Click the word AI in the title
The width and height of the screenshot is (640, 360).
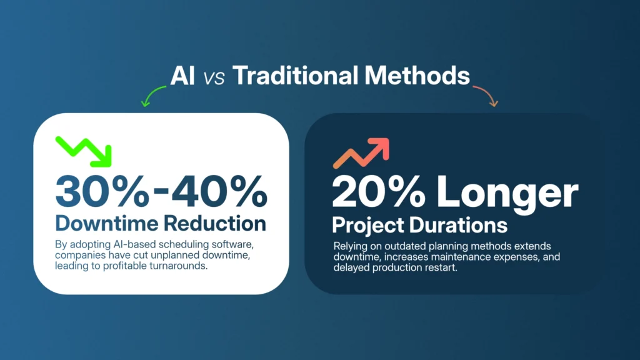(182, 76)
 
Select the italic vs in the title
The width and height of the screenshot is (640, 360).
(214, 78)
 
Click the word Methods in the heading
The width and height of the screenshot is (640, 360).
(417, 76)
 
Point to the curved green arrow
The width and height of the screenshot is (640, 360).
(151, 94)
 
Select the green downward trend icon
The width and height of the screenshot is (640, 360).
(84, 151)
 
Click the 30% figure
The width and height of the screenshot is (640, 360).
(102, 191)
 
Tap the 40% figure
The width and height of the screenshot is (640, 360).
(219, 191)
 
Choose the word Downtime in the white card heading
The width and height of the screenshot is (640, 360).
(106, 224)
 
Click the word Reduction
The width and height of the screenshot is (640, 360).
(215, 224)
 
